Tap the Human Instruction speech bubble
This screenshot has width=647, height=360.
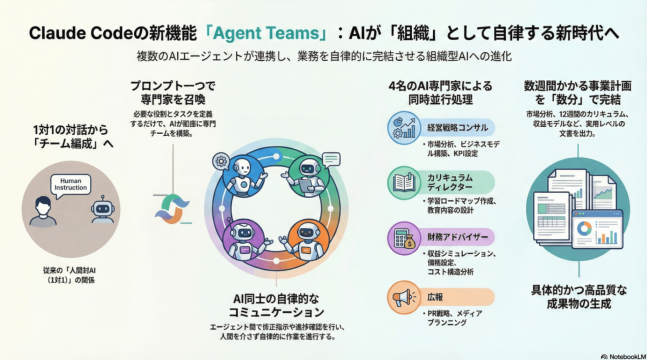click(71, 184)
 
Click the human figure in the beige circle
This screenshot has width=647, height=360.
click(43, 212)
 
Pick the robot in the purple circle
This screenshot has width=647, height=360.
click(244, 240)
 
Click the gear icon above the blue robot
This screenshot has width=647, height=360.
click(222, 160)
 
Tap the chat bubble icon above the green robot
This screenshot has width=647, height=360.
click(331, 159)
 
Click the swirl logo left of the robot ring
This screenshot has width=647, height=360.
click(171, 209)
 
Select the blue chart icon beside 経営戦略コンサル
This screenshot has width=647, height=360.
click(404, 128)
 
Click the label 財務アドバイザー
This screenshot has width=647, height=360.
click(450, 238)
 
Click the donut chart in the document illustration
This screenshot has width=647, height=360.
click(584, 228)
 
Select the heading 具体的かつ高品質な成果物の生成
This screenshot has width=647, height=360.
click(579, 297)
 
